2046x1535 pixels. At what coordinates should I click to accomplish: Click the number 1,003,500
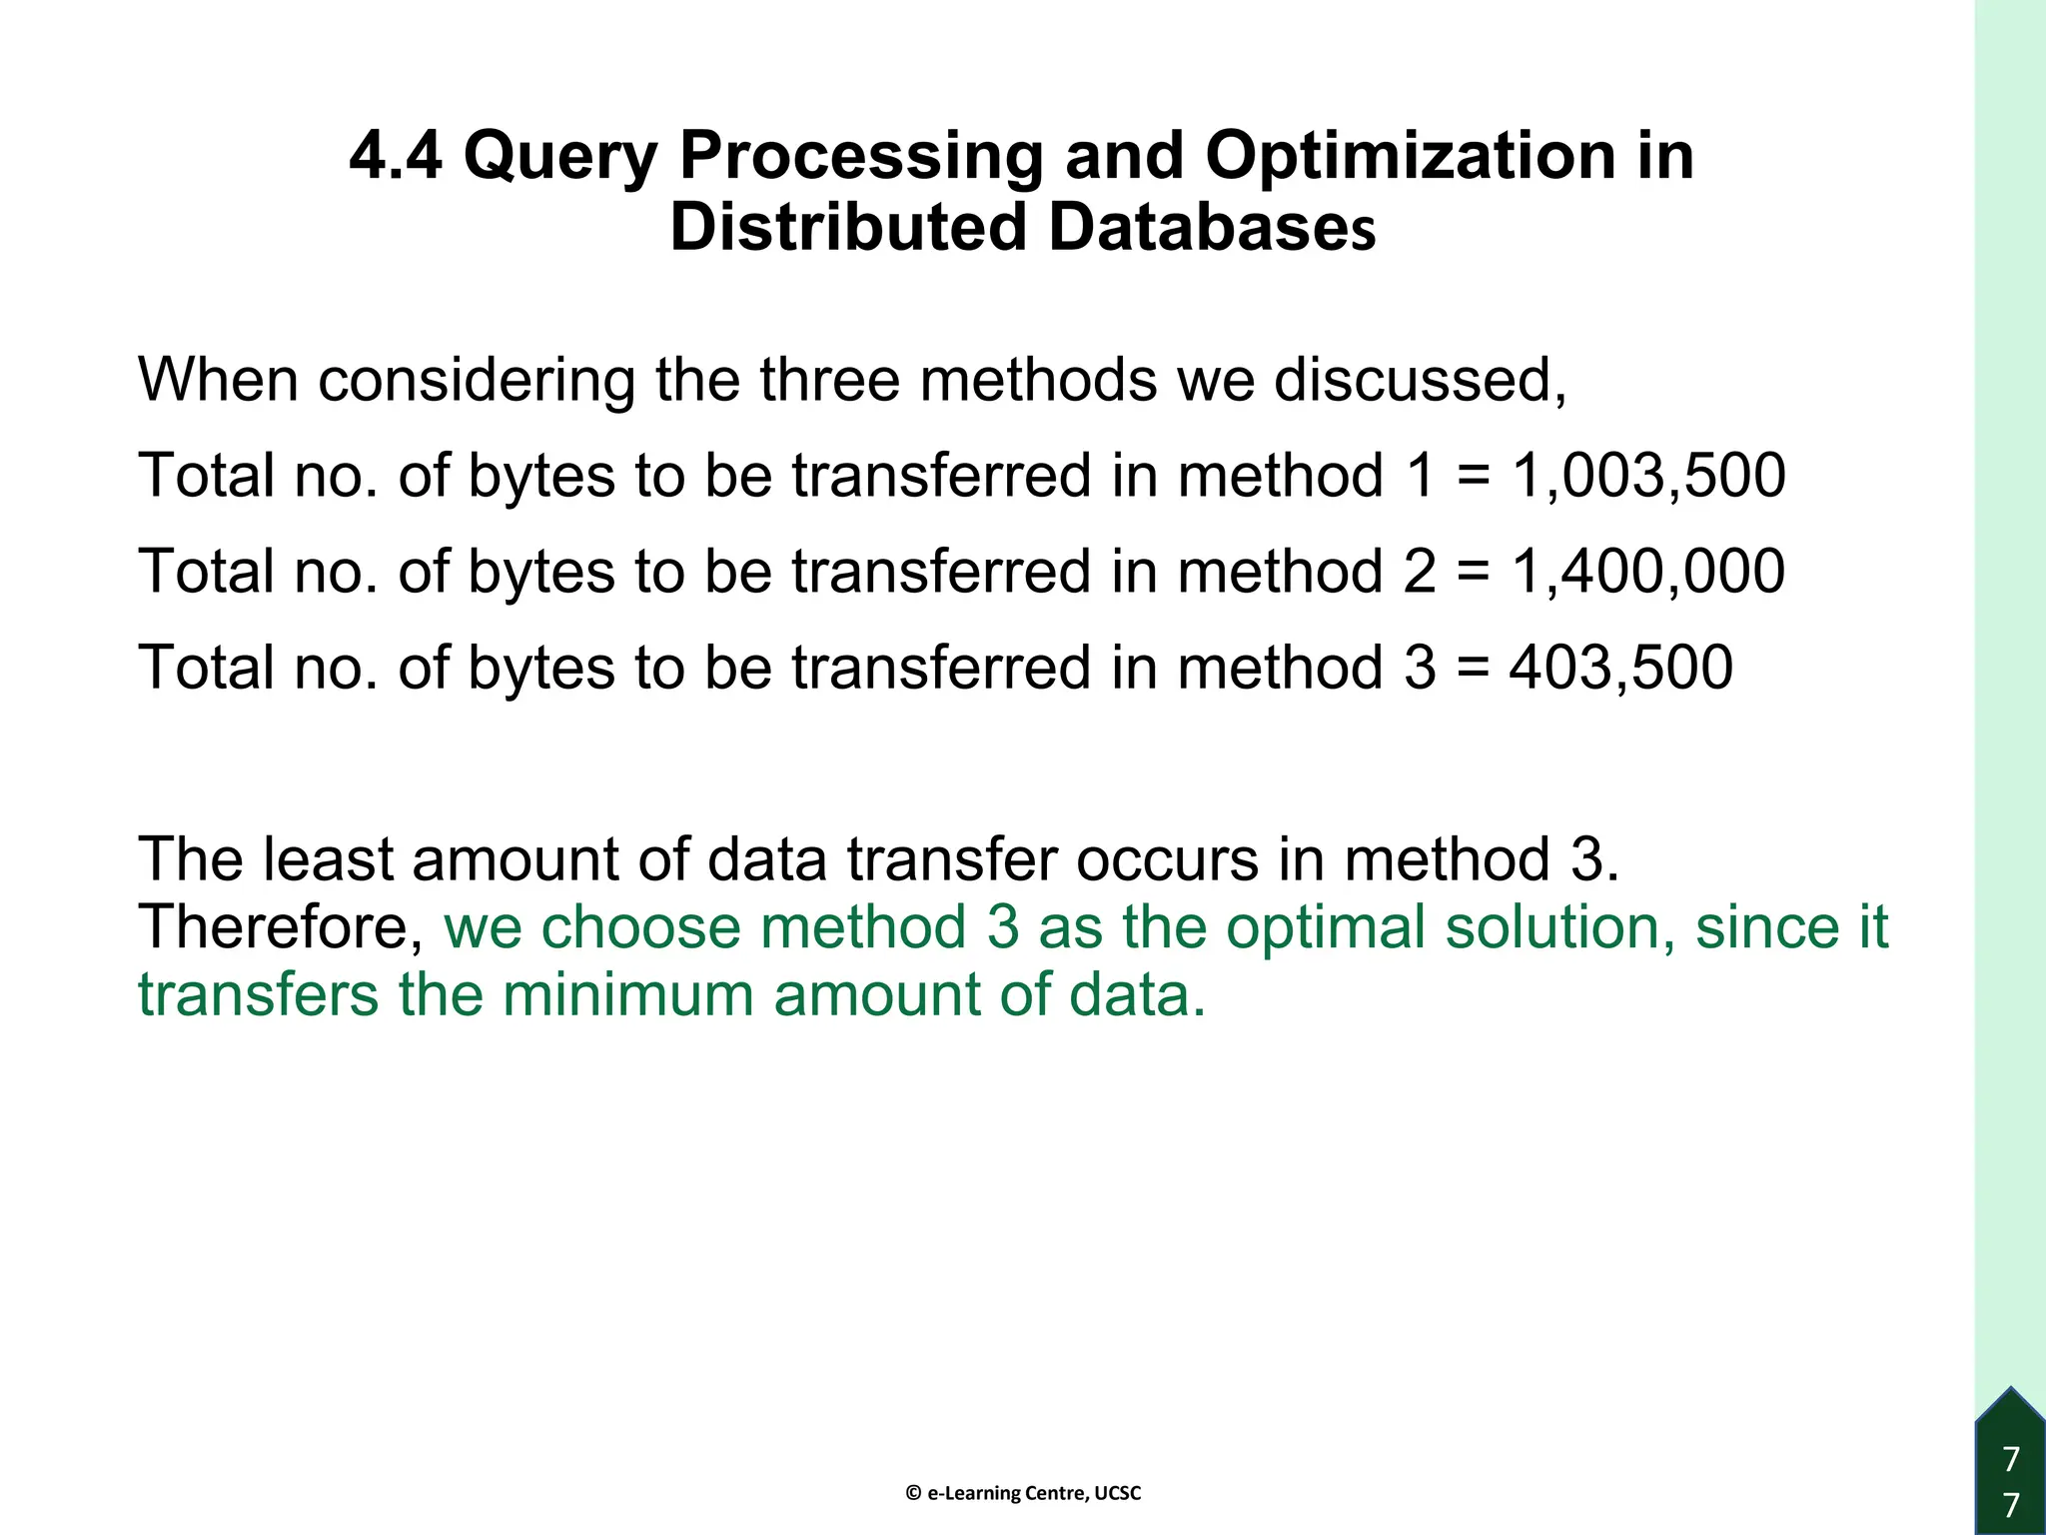tap(1647, 476)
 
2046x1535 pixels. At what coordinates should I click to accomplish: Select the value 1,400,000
tap(1647, 572)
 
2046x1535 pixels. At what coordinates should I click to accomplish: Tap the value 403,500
tap(1620, 668)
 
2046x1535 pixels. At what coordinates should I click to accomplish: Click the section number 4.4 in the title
tap(396, 157)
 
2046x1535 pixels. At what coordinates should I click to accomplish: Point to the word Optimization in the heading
tap(1411, 157)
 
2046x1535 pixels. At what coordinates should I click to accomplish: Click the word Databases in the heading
tap(1212, 229)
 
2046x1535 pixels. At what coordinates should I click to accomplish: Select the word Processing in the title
tap(860, 157)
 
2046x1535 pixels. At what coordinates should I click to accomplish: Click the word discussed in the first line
tap(1419, 380)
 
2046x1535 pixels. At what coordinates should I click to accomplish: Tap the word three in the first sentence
tap(829, 380)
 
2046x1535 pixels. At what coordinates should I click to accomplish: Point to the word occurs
tap(1167, 859)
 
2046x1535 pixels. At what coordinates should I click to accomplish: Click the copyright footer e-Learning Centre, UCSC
tap(1023, 1493)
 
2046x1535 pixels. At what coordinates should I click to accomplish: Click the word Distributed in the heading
tap(848, 229)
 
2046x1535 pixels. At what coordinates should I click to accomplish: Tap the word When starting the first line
tap(218, 380)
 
